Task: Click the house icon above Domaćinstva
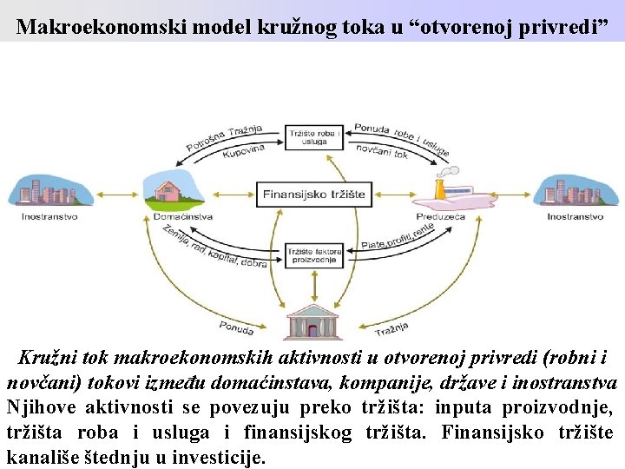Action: pos(172,189)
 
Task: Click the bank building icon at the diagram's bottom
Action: pos(313,320)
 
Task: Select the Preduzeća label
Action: pos(440,216)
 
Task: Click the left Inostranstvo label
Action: pos(49,216)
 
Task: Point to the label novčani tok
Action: pos(382,151)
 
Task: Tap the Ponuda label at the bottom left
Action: pos(236,327)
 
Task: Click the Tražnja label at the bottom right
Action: pos(391,328)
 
